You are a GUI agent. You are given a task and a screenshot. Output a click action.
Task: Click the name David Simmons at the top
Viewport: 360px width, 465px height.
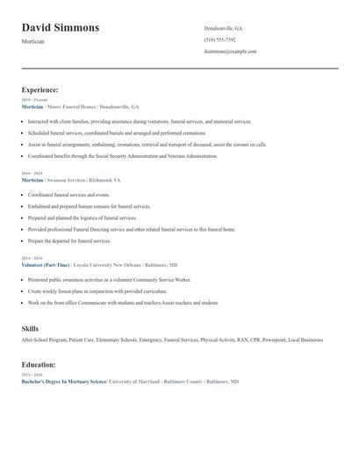point(60,28)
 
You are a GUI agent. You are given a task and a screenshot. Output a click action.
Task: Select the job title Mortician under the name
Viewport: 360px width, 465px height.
point(35,41)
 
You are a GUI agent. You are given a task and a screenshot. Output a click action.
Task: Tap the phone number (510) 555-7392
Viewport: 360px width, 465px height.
point(220,39)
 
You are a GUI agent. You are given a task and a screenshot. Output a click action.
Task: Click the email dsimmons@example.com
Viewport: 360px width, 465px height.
point(230,51)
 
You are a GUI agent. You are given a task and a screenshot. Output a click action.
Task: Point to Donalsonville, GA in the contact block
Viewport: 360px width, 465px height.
point(223,28)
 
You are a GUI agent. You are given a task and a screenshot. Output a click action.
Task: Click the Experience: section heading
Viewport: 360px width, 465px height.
point(40,89)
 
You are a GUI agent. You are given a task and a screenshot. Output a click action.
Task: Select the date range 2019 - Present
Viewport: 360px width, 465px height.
point(35,100)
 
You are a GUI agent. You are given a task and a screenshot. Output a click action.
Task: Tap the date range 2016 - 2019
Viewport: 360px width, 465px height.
point(32,174)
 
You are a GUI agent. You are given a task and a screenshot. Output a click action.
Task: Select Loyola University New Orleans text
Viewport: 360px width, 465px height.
point(104,264)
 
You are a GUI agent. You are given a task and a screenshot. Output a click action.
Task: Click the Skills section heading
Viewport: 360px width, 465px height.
point(30,329)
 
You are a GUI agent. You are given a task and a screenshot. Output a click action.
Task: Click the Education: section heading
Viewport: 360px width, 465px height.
point(39,364)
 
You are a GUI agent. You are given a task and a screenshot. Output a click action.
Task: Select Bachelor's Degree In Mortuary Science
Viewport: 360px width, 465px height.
point(63,383)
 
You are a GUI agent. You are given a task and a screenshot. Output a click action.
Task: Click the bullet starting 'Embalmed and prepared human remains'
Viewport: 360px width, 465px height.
point(89,206)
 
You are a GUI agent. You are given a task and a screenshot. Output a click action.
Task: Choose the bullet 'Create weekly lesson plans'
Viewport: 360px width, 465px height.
point(83,290)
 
